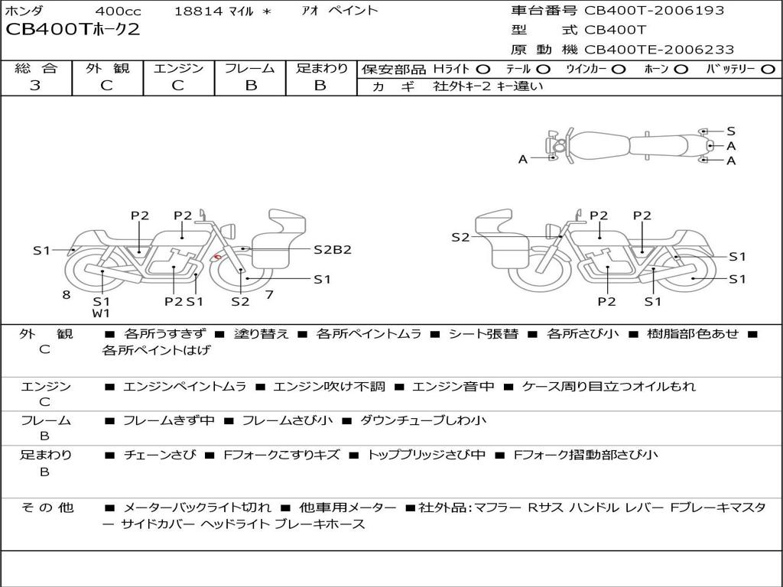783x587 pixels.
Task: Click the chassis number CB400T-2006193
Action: [x=655, y=10]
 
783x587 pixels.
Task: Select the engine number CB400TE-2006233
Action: [x=659, y=50]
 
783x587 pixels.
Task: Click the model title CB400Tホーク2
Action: [x=73, y=30]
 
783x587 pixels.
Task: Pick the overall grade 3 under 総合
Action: [x=35, y=86]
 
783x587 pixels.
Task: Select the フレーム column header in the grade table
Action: [x=250, y=68]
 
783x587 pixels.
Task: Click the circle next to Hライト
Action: [x=483, y=70]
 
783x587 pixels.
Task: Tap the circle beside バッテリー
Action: [x=768, y=70]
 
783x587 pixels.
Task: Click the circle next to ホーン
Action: [x=681, y=70]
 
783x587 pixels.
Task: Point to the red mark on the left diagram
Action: [x=217, y=258]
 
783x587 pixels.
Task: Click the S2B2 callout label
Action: [x=333, y=249]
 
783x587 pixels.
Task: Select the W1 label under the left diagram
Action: [x=101, y=313]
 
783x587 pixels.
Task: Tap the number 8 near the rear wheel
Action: [x=67, y=294]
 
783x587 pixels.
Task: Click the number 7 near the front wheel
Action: [x=269, y=294]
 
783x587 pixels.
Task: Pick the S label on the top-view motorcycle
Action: [x=731, y=131]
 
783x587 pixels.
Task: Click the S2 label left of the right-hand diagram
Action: [x=460, y=237]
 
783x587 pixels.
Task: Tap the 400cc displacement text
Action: [x=118, y=11]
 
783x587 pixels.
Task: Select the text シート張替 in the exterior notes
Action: [x=483, y=333]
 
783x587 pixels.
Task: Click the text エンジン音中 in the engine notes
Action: [x=453, y=386]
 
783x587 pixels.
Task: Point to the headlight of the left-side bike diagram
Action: [x=229, y=232]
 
